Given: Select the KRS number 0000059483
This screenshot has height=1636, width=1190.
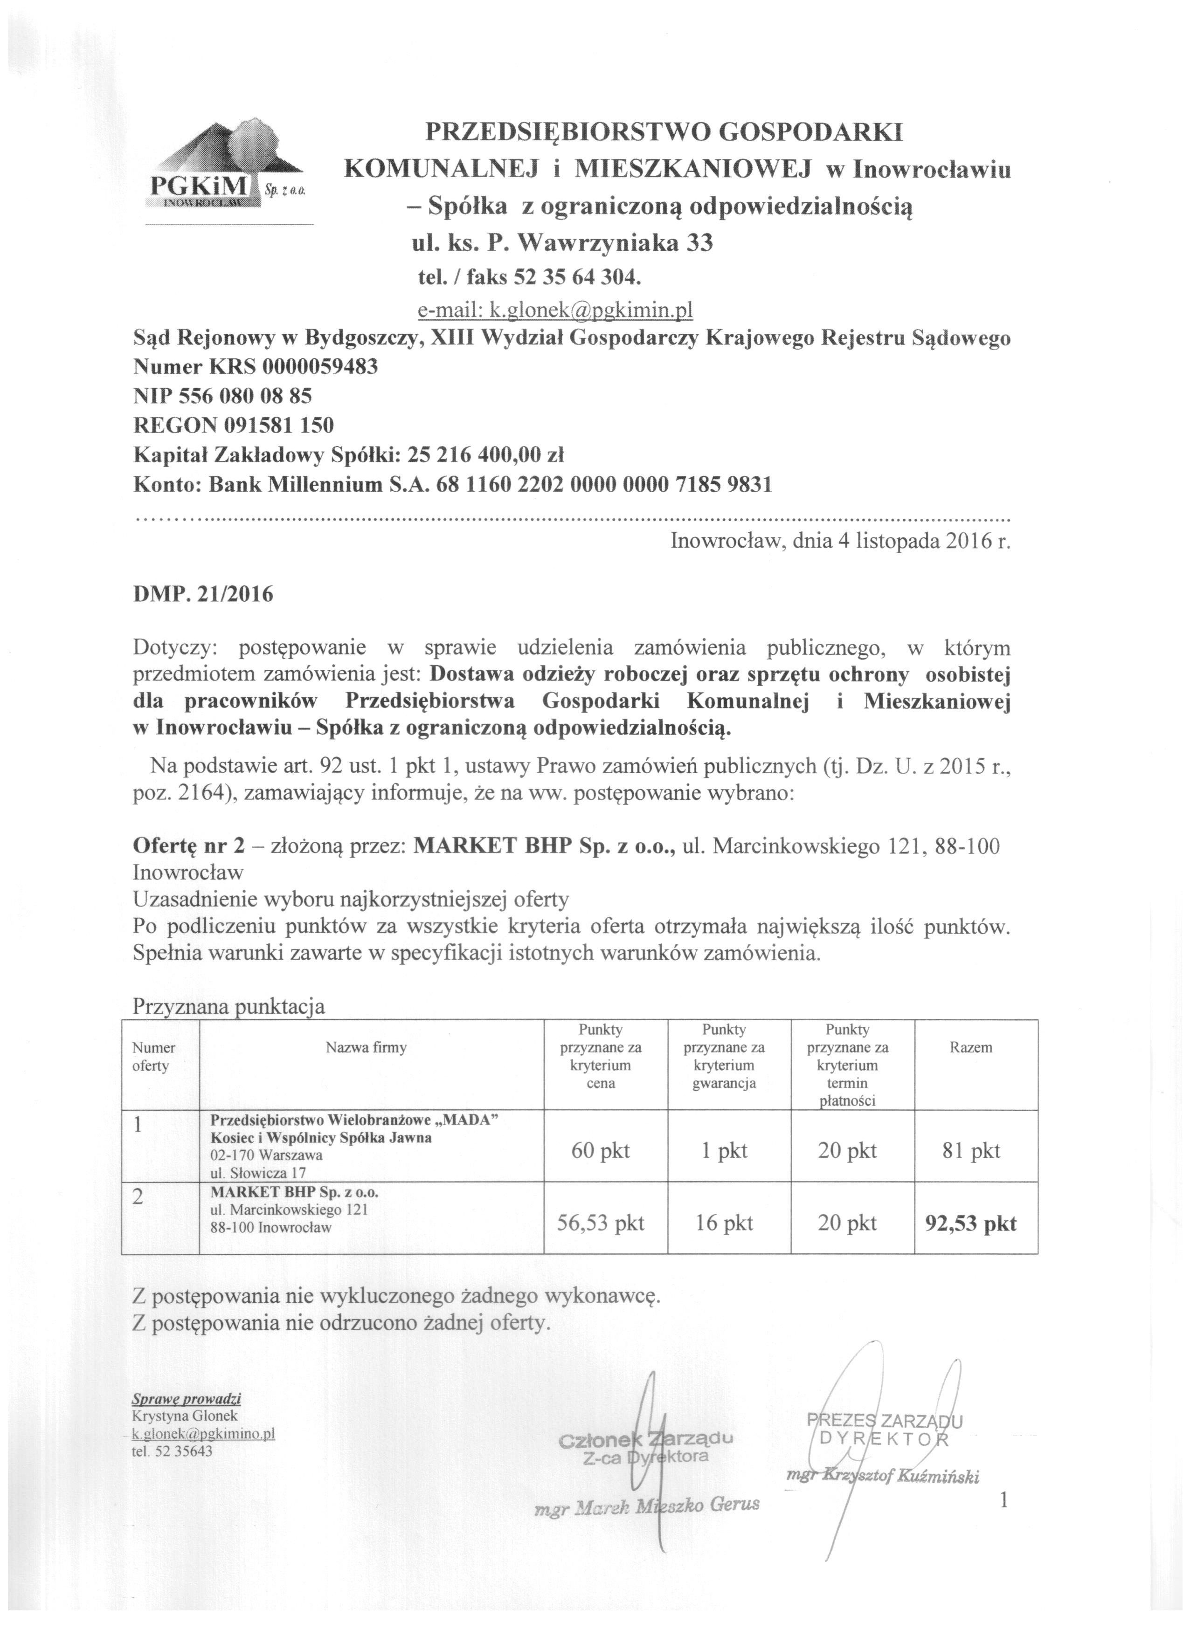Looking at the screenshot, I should tap(320, 367).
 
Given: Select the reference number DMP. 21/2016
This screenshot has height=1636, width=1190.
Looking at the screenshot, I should tap(203, 596).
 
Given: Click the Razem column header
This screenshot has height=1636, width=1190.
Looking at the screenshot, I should tap(971, 1047).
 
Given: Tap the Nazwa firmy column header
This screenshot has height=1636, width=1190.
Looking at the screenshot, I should tap(366, 1047).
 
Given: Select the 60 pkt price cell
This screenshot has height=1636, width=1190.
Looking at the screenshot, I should tap(601, 1150).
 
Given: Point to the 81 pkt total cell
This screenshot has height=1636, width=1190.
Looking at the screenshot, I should tap(971, 1150).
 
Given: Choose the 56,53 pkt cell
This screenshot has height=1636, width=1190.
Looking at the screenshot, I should tap(601, 1223).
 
